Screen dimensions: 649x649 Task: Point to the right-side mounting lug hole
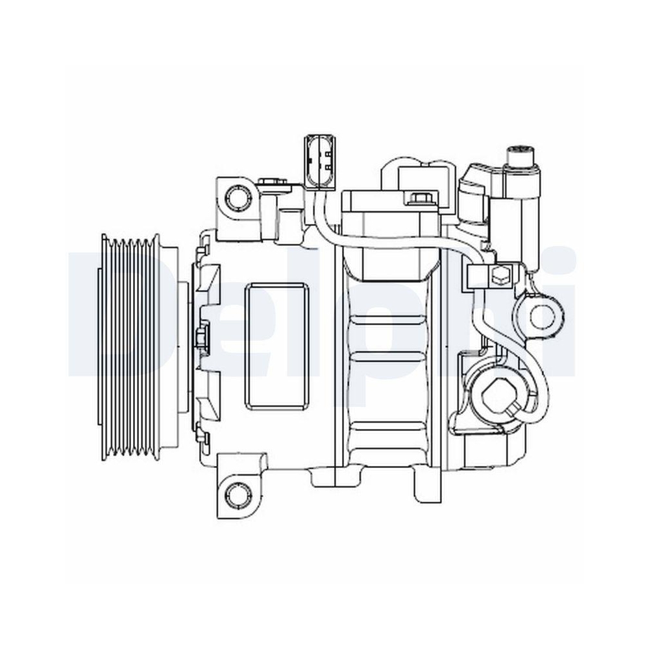539,317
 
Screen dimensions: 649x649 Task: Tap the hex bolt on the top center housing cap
416,199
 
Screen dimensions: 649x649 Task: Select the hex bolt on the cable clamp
500,276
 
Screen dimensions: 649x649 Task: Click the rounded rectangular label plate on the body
276,347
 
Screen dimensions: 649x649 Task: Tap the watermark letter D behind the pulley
84,312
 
